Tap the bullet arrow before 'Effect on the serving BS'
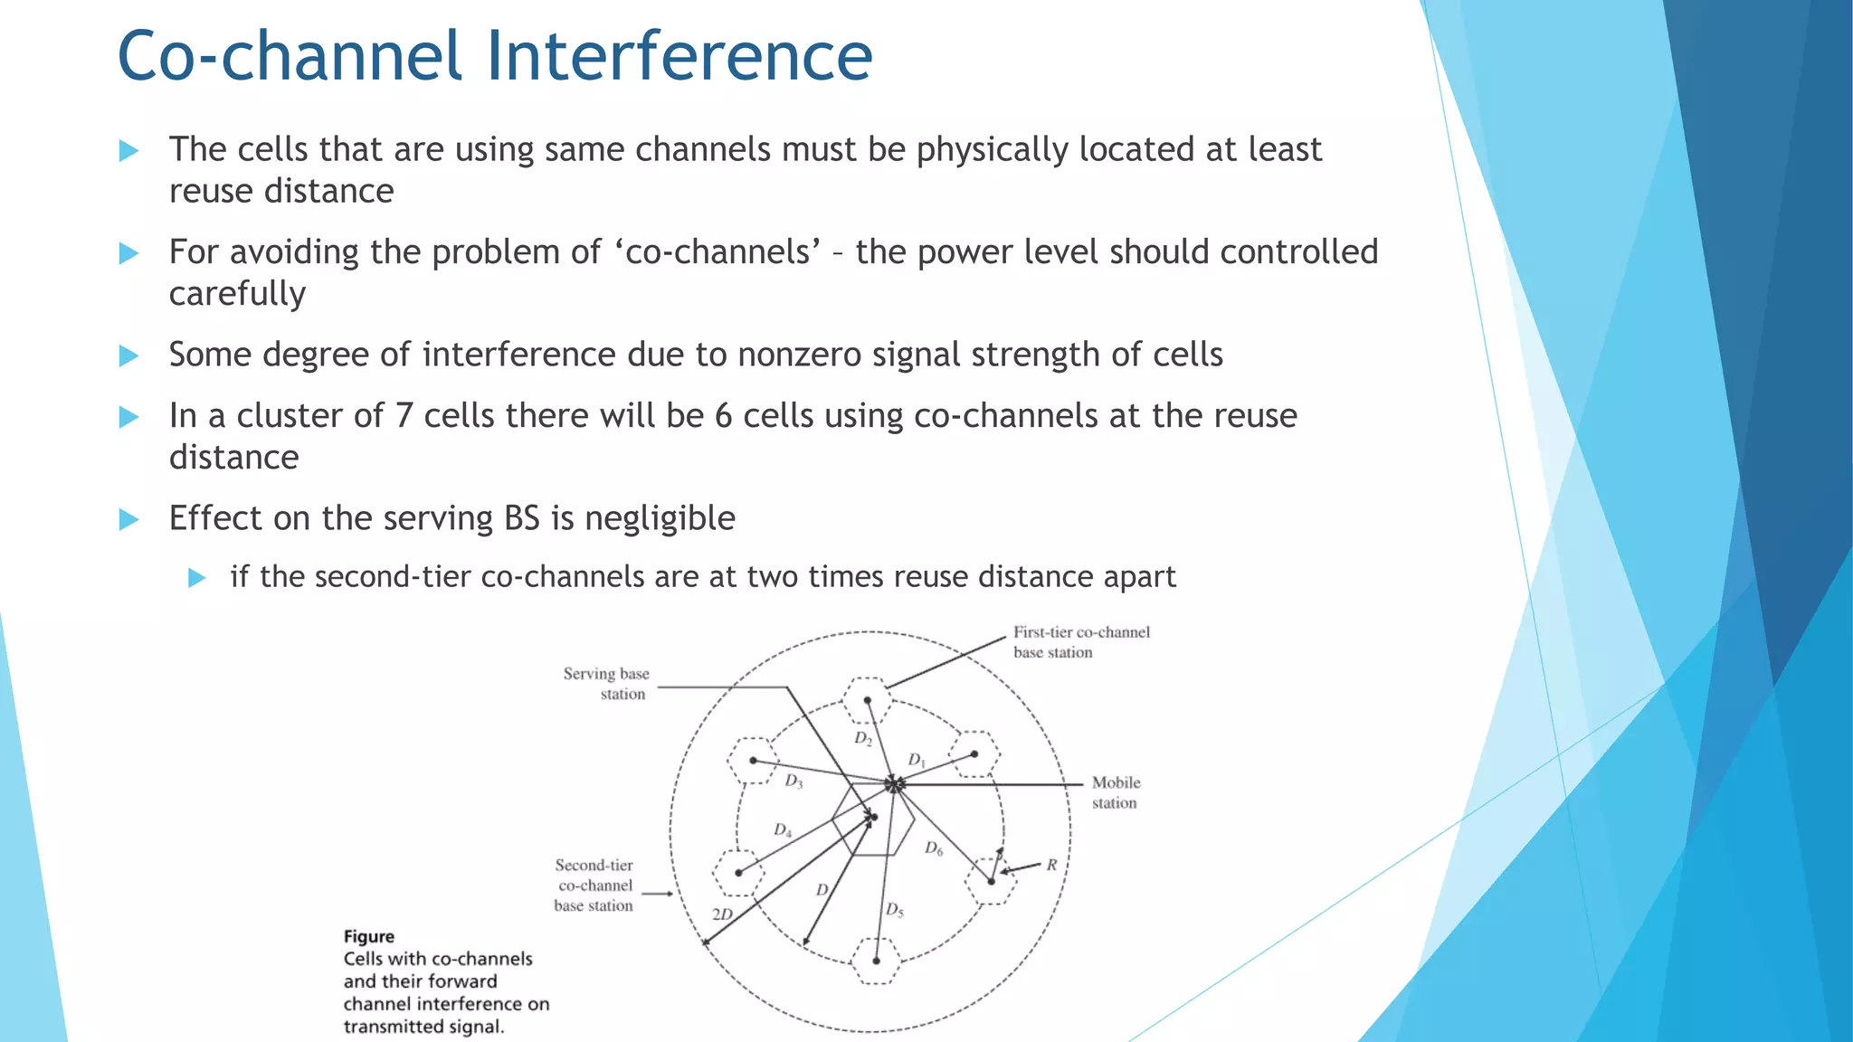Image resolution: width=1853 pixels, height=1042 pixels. [128, 519]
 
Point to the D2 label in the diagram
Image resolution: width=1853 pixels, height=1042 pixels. [863, 739]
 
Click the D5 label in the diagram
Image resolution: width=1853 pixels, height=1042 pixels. [894, 909]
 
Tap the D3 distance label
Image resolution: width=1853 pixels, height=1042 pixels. [793, 781]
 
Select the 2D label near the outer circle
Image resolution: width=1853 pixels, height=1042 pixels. [722, 914]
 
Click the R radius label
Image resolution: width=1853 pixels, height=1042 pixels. [1051, 865]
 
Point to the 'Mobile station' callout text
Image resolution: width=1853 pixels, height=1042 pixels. [1115, 792]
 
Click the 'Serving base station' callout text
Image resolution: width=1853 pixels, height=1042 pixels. [605, 684]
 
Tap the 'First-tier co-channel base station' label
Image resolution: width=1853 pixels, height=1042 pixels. [1080, 642]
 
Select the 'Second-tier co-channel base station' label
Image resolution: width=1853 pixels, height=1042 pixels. [594, 886]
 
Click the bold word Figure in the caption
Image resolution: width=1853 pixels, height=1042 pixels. [368, 936]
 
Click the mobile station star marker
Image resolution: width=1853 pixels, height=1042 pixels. [894, 783]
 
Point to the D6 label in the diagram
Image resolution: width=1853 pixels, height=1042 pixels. [934, 848]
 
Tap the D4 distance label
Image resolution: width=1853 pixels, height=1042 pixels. [783, 830]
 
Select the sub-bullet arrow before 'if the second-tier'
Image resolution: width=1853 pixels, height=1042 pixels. [196, 578]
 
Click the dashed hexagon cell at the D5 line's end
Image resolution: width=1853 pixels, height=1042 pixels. [876, 961]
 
